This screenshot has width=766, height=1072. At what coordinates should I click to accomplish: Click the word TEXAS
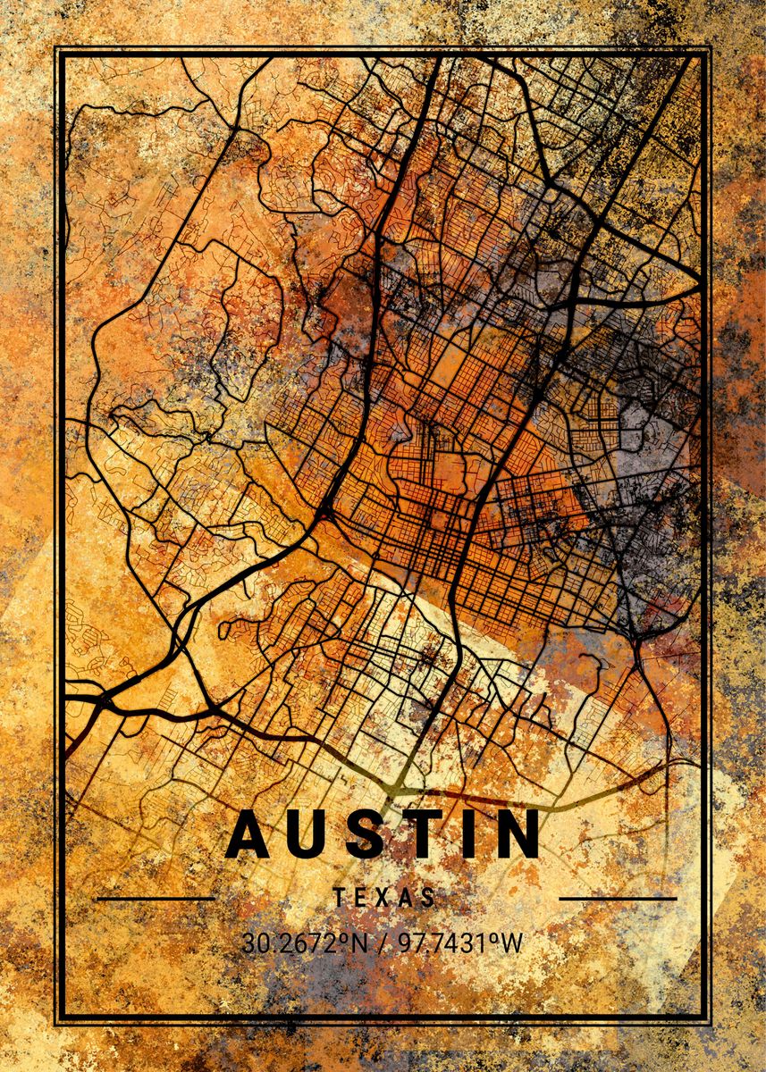tap(384, 898)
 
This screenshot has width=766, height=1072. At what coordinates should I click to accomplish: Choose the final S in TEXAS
tap(429, 898)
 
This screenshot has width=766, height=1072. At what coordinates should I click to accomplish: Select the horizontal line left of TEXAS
tap(156, 898)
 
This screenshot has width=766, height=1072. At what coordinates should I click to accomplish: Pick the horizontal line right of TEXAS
tap(618, 898)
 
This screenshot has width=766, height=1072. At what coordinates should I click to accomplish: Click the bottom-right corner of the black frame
tap(710, 1023)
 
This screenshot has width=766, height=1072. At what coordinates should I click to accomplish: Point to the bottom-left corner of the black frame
tap(57, 1023)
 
